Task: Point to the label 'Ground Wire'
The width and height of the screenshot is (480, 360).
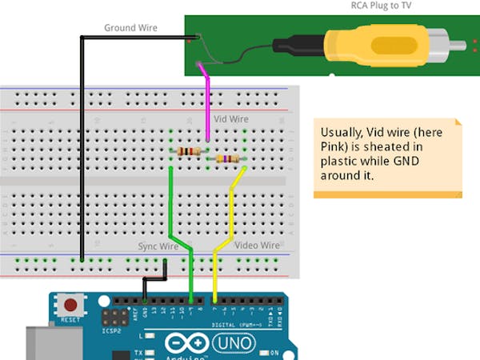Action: tap(130, 28)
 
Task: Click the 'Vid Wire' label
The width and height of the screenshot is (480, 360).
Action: tap(231, 118)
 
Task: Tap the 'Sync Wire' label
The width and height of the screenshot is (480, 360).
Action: tap(158, 246)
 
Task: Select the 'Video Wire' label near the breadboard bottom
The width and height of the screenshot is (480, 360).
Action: tap(257, 245)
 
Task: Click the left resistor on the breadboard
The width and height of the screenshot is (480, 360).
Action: tap(189, 150)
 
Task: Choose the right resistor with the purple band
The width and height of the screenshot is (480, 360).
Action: tap(227, 158)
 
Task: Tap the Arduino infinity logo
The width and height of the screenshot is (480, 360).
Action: tap(186, 343)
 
